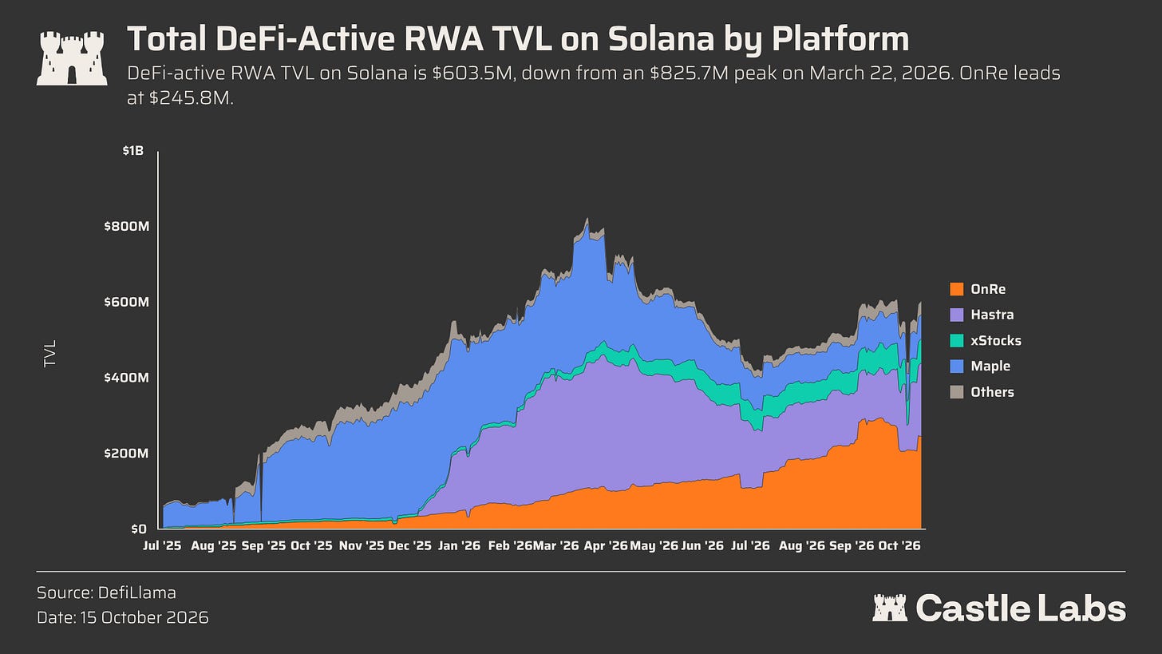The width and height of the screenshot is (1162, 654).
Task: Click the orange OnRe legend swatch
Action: click(x=957, y=289)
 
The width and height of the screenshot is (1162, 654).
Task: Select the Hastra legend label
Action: click(x=992, y=315)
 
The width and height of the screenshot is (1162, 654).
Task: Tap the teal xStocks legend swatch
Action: click(x=957, y=340)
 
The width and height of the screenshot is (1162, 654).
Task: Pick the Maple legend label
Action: click(x=990, y=366)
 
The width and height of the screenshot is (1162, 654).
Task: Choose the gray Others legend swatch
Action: click(x=957, y=392)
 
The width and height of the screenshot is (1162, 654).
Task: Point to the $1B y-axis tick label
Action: click(x=132, y=150)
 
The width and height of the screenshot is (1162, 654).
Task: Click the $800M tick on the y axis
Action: click(x=127, y=226)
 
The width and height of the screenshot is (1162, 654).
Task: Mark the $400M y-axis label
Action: click(x=127, y=378)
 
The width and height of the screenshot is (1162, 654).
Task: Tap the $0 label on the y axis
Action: click(x=139, y=529)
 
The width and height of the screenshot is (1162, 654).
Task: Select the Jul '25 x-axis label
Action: click(x=162, y=545)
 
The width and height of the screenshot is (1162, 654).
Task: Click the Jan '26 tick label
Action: click(x=459, y=545)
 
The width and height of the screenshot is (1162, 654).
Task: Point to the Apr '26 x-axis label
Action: click(x=606, y=545)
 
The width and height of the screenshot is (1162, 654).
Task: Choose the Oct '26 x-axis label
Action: click(x=899, y=545)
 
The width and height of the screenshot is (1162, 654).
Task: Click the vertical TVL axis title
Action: click(x=49, y=354)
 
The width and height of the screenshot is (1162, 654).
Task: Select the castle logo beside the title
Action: click(x=72, y=57)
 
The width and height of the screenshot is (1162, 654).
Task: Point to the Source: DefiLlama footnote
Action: click(x=106, y=593)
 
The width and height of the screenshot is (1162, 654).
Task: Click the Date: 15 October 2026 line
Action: click(x=122, y=618)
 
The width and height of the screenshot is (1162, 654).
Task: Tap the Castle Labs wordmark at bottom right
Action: click(x=999, y=608)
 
